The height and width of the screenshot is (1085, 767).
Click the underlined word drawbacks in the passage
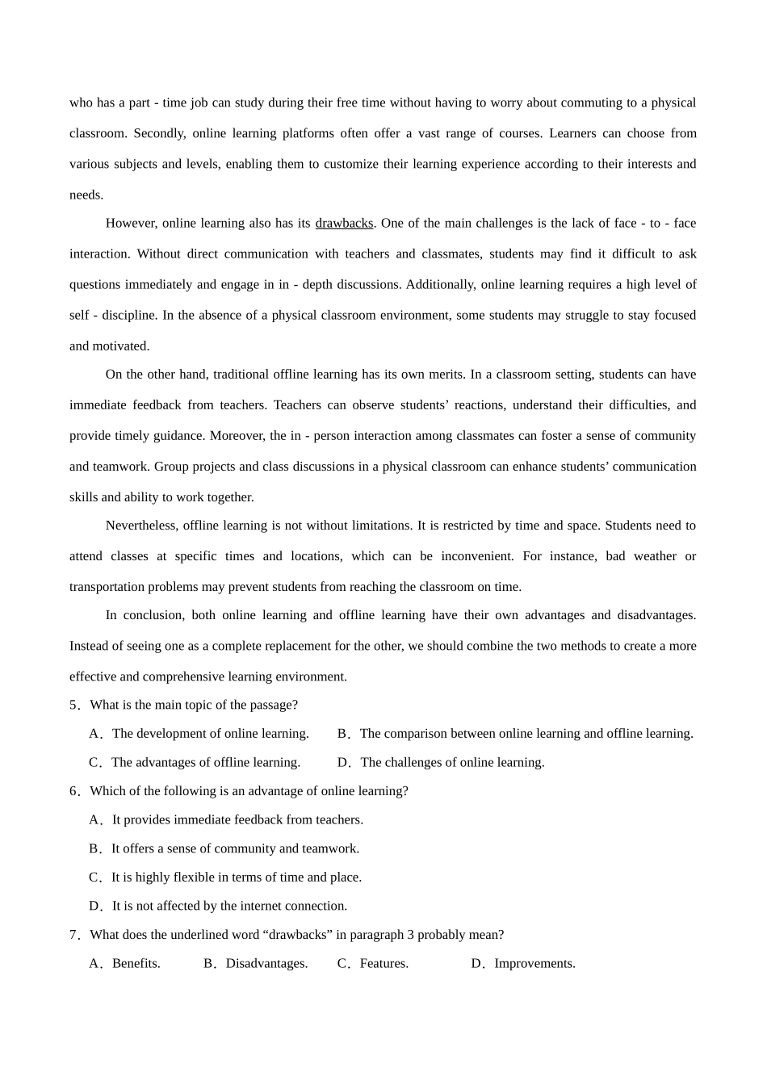tap(344, 223)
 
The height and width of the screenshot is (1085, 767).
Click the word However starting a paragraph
tap(132, 223)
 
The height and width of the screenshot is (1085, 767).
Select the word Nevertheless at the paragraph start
tap(141, 526)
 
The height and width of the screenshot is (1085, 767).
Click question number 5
tap(75, 705)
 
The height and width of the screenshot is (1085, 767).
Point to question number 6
tap(75, 791)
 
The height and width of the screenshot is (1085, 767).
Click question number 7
tap(75, 935)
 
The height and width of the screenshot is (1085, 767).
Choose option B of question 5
tap(526, 734)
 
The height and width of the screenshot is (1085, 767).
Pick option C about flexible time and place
tap(236, 878)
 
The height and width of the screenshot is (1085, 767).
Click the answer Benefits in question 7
tap(136, 963)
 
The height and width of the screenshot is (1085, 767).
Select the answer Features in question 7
tap(383, 963)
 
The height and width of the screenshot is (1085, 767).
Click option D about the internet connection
tap(229, 906)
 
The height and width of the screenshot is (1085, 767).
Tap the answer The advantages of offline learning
tap(205, 762)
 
